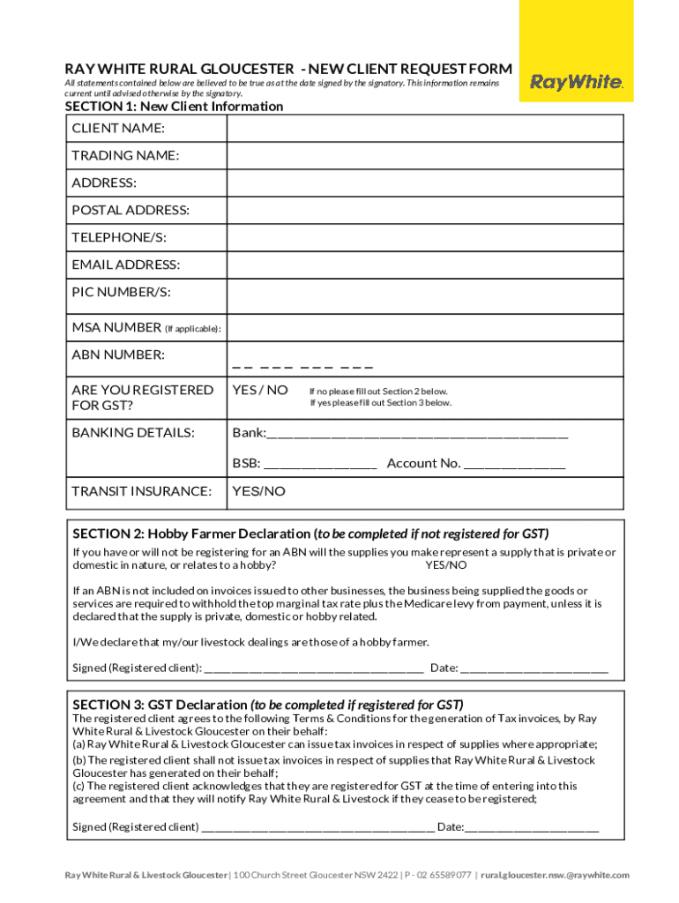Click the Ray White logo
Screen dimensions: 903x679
(576, 83)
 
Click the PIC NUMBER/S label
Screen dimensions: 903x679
(121, 292)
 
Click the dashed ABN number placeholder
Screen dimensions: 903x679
(302, 366)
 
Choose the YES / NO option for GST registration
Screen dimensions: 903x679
(259, 390)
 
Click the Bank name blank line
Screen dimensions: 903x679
(416, 435)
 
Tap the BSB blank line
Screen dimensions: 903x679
(320, 465)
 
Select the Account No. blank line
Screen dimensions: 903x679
(514, 465)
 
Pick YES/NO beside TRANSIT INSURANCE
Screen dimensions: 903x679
(258, 491)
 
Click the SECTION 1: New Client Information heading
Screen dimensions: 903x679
(174, 107)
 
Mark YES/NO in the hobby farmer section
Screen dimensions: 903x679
(446, 565)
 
